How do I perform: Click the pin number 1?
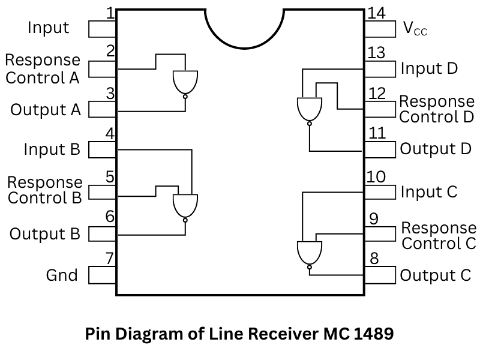110,13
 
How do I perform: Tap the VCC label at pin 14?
415,28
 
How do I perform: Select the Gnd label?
62,275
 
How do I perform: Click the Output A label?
46,110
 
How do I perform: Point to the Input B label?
52,149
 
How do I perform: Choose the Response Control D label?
437,109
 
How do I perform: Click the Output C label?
436,275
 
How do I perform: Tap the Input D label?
429,68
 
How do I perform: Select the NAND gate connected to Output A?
185,83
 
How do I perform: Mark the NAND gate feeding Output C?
310,253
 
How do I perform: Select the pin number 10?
376,177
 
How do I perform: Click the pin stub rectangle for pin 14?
380,28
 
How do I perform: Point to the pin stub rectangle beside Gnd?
102,275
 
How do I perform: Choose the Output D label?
436,149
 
